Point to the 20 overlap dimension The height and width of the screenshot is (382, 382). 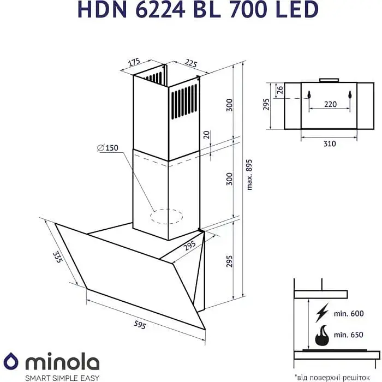point(206,135)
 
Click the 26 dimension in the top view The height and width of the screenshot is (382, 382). point(279,89)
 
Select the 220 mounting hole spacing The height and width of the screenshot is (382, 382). point(330,104)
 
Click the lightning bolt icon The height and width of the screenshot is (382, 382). point(322,313)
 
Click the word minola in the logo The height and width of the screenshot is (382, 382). point(61,362)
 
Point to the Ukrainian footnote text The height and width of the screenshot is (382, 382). point(336,377)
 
